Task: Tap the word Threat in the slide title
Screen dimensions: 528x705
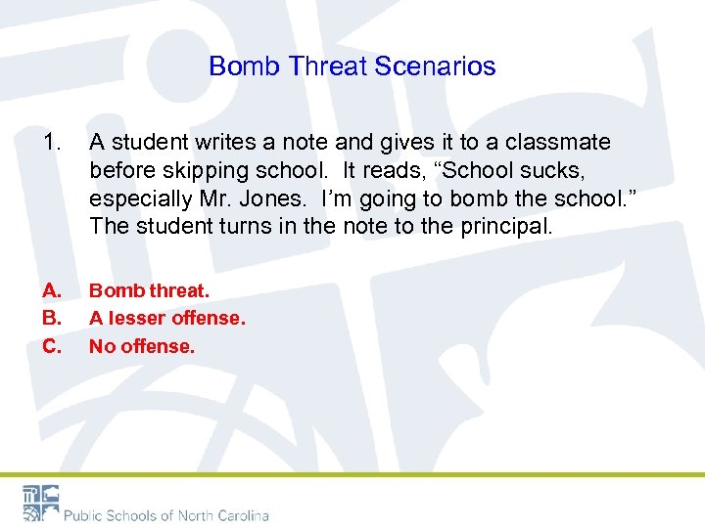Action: point(325,66)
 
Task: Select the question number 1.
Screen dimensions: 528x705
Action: point(51,143)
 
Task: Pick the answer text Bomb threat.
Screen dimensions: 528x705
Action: point(149,290)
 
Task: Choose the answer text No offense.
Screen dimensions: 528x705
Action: point(142,346)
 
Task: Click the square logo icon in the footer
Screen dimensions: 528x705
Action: point(40,503)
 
